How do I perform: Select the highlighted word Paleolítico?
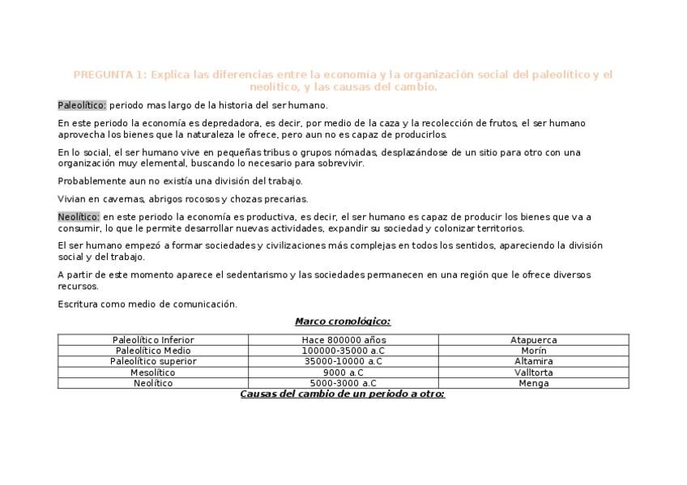pyautogui.click(x=82, y=105)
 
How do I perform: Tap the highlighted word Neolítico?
pyautogui.click(x=79, y=217)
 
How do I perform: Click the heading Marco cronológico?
pyautogui.click(x=343, y=321)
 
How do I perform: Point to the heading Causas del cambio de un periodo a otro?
pyautogui.click(x=343, y=394)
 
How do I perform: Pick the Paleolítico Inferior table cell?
pyautogui.click(x=153, y=340)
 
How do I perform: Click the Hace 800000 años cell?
pyautogui.click(x=343, y=340)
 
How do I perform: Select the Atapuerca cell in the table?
pyautogui.click(x=534, y=340)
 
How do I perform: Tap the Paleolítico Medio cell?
pyautogui.click(x=153, y=351)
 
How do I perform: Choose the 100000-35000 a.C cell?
pyautogui.click(x=343, y=351)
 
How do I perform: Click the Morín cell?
pyautogui.click(x=534, y=351)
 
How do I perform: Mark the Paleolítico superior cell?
pyautogui.click(x=153, y=361)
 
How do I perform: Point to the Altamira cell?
pyautogui.click(x=534, y=361)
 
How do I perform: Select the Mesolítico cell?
pyautogui.click(x=153, y=372)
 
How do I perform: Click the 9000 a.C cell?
pyautogui.click(x=343, y=372)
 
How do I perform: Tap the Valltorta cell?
pyautogui.click(x=534, y=372)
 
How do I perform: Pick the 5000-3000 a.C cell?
pyautogui.click(x=343, y=383)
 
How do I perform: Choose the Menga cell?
pyautogui.click(x=534, y=383)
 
